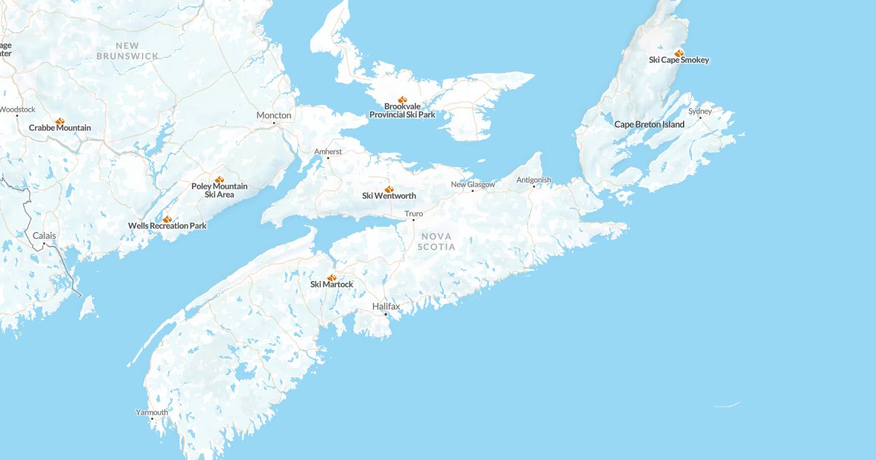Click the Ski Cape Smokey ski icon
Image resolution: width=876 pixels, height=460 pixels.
point(679,53)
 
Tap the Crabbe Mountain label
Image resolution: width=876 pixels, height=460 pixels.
point(60,128)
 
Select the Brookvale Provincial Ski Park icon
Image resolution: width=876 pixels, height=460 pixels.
point(401,99)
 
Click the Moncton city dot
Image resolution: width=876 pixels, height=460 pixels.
point(274,123)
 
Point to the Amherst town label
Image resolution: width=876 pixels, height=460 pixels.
point(327,151)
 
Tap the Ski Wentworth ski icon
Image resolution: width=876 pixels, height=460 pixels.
point(388,188)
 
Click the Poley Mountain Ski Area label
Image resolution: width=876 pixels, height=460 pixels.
point(219,191)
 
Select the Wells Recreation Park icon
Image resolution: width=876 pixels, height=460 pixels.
point(167,218)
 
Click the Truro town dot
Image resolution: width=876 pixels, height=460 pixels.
point(413,220)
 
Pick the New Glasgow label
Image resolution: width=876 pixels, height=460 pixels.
point(472,185)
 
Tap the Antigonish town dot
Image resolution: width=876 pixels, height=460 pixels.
point(534,186)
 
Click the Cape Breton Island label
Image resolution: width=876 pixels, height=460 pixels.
point(649,124)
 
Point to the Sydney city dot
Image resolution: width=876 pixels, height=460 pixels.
point(700,118)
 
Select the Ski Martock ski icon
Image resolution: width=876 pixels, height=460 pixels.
point(331,277)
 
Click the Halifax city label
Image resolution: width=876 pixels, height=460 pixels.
point(385,307)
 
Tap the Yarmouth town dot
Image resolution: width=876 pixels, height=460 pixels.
point(152,418)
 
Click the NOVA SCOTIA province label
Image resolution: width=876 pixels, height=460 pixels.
point(437,242)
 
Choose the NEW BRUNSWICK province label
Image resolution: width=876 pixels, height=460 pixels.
point(128,50)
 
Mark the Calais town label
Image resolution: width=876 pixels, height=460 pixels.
point(44,236)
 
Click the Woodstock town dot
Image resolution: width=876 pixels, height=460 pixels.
point(18,115)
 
